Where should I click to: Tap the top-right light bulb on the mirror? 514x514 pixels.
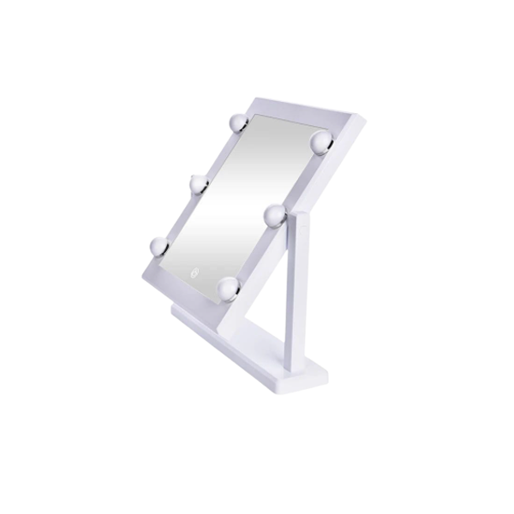[321, 140]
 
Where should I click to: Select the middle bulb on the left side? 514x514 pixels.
[199, 182]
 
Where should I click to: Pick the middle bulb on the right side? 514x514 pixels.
[274, 216]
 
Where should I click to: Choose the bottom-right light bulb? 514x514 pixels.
[228, 290]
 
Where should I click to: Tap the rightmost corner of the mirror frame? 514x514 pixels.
[365, 120]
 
